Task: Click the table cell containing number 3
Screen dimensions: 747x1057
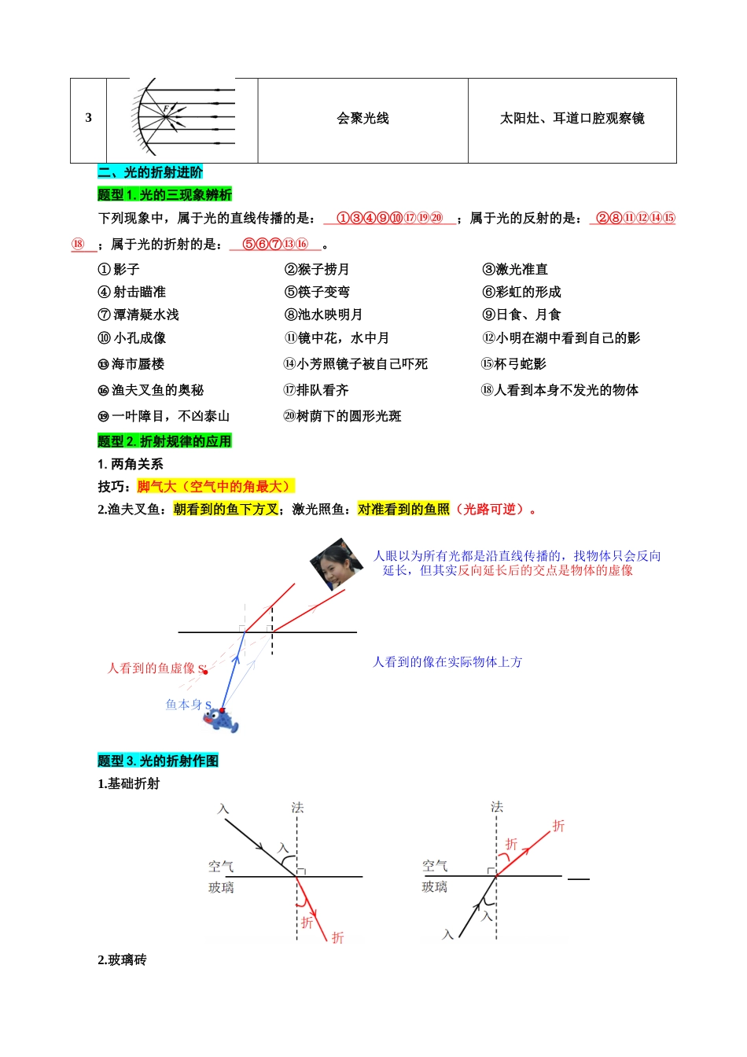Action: (88, 119)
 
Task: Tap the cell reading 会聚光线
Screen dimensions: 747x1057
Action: (362, 119)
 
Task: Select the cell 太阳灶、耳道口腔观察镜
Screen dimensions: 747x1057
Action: (572, 119)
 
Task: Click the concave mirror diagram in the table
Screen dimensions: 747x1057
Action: (182, 117)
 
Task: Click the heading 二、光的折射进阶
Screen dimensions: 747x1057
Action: (150, 172)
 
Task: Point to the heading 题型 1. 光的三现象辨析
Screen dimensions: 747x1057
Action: (164, 194)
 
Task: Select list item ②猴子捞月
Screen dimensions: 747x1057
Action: (317, 270)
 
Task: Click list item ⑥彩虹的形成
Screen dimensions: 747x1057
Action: (521, 293)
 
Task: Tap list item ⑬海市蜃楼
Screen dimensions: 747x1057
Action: (131, 364)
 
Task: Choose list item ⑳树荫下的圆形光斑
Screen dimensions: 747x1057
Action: (342, 416)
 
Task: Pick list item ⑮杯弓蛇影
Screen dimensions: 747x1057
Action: (513, 364)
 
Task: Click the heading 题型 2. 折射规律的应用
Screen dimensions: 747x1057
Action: (164, 441)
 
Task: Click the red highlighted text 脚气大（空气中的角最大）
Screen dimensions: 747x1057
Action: (214, 487)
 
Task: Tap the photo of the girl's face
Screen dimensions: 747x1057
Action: (336, 564)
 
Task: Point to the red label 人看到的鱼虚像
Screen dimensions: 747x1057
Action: (152, 668)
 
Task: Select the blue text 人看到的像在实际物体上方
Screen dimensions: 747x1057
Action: (447, 662)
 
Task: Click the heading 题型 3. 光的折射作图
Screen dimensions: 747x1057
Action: (158, 761)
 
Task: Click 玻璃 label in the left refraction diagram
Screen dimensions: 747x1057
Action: (221, 888)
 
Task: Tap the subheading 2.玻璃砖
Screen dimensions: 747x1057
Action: (122, 960)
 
